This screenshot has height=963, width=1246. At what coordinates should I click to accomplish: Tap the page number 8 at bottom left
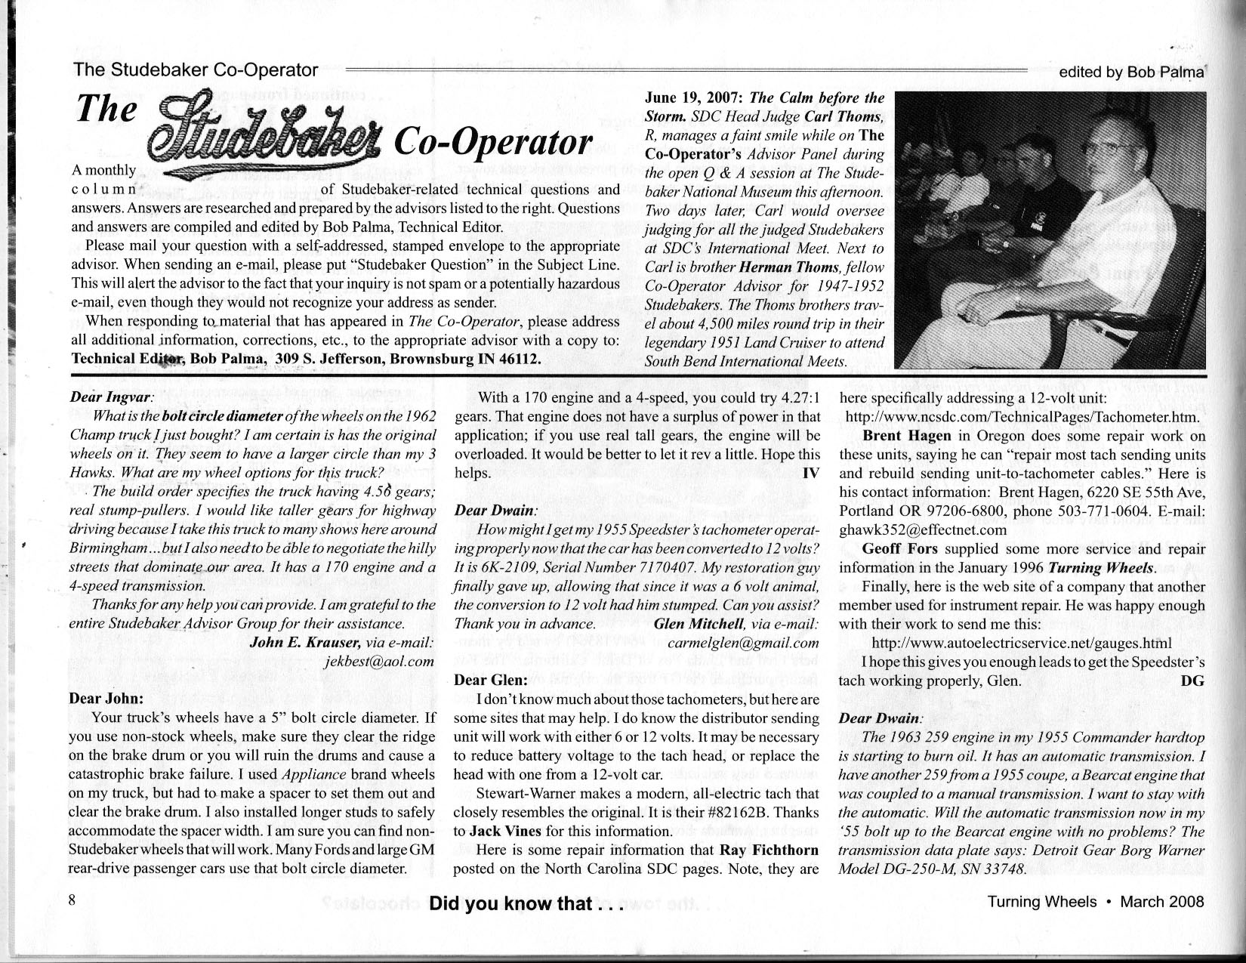[x=72, y=900]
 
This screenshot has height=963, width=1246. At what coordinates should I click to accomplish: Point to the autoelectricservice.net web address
[x=1022, y=643]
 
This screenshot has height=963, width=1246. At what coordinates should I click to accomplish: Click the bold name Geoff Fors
[x=899, y=549]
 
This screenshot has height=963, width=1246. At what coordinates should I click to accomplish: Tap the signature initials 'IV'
[x=811, y=474]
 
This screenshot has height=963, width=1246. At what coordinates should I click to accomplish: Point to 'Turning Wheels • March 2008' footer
[x=1096, y=901]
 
